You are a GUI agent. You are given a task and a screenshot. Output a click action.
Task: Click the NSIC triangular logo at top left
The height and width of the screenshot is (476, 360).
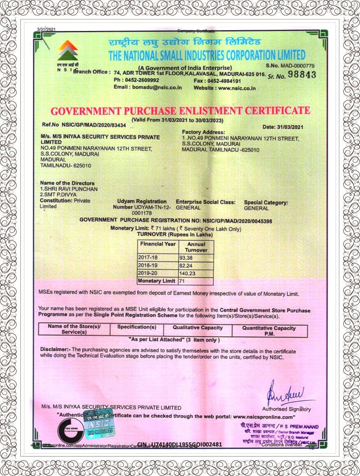coord(68,51)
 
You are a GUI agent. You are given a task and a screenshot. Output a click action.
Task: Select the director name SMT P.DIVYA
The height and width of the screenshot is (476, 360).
coord(59,195)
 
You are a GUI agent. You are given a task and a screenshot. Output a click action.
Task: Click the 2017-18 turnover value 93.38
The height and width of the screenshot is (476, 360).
coord(185,258)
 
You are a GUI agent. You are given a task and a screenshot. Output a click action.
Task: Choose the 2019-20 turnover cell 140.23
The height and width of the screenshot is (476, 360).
coord(187,273)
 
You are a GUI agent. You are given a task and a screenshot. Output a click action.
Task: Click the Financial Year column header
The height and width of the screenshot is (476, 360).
coord(158,244)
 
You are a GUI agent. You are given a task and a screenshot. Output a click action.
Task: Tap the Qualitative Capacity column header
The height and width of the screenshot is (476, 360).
coord(198,328)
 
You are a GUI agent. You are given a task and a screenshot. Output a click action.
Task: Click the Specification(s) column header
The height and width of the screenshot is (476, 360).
coord(136,327)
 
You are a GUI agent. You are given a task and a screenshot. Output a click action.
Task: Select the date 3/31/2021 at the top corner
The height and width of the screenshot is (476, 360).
coord(46,30)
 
